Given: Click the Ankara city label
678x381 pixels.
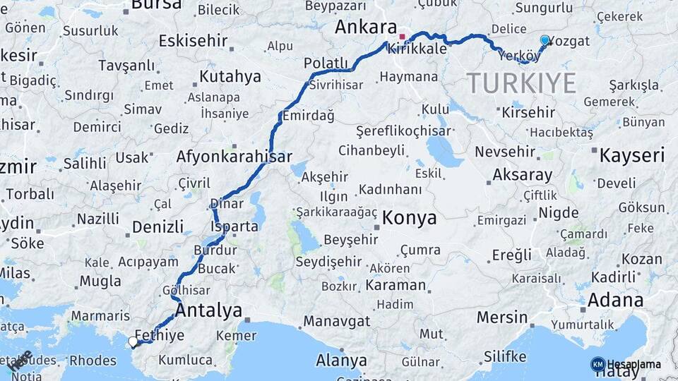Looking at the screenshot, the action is click(x=365, y=28).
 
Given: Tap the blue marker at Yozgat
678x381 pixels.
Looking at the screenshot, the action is click(x=545, y=41).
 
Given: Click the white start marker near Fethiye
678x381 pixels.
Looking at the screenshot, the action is click(x=133, y=342).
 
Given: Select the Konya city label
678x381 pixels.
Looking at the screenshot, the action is click(x=409, y=218).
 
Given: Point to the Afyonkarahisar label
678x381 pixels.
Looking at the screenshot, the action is click(x=234, y=157).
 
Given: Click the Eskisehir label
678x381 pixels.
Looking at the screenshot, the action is click(x=193, y=41).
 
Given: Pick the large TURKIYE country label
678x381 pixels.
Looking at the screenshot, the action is click(x=521, y=83).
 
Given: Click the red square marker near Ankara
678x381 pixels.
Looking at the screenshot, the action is click(x=403, y=37).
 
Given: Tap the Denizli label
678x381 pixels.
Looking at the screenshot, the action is click(x=157, y=227).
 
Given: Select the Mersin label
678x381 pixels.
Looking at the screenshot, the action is click(x=502, y=317).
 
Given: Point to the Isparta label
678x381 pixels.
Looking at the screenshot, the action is click(x=234, y=226).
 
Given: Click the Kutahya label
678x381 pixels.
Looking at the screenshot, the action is click(x=230, y=76).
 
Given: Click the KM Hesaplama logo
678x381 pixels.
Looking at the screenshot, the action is click(x=628, y=364).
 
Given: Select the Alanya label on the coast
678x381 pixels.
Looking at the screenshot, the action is click(x=341, y=361).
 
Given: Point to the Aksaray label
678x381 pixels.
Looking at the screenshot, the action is click(x=522, y=174).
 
